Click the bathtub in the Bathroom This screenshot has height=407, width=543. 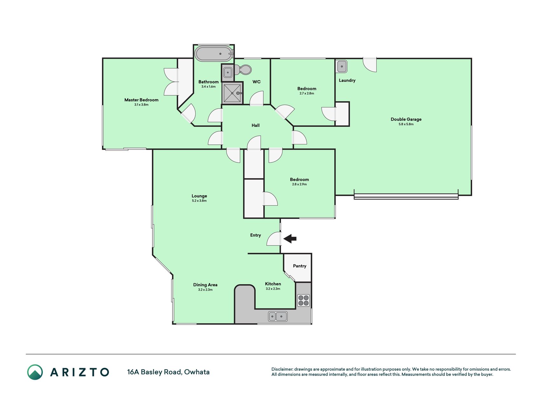(214, 54)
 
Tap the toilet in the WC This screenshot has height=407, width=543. (243, 70)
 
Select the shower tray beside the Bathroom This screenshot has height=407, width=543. (232, 93)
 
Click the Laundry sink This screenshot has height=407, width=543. (342, 66)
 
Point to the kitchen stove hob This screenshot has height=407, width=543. (303, 300)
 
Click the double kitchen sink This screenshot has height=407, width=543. (278, 316)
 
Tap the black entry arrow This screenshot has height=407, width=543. (290, 238)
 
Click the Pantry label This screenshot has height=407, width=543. (300, 266)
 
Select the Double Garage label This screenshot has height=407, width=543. (406, 119)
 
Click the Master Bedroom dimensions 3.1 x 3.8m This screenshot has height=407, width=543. (141, 105)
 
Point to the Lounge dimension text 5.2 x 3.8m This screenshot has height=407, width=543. (199, 201)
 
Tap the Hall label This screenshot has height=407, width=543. (255, 125)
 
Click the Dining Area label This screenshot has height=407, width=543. (205, 285)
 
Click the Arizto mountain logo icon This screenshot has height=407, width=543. (35, 372)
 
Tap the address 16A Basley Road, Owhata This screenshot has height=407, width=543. (168, 372)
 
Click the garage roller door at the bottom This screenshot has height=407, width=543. (406, 196)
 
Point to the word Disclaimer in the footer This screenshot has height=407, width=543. (282, 369)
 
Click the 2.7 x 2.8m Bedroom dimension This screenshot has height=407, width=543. (307, 93)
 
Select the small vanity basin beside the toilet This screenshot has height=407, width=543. (228, 72)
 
